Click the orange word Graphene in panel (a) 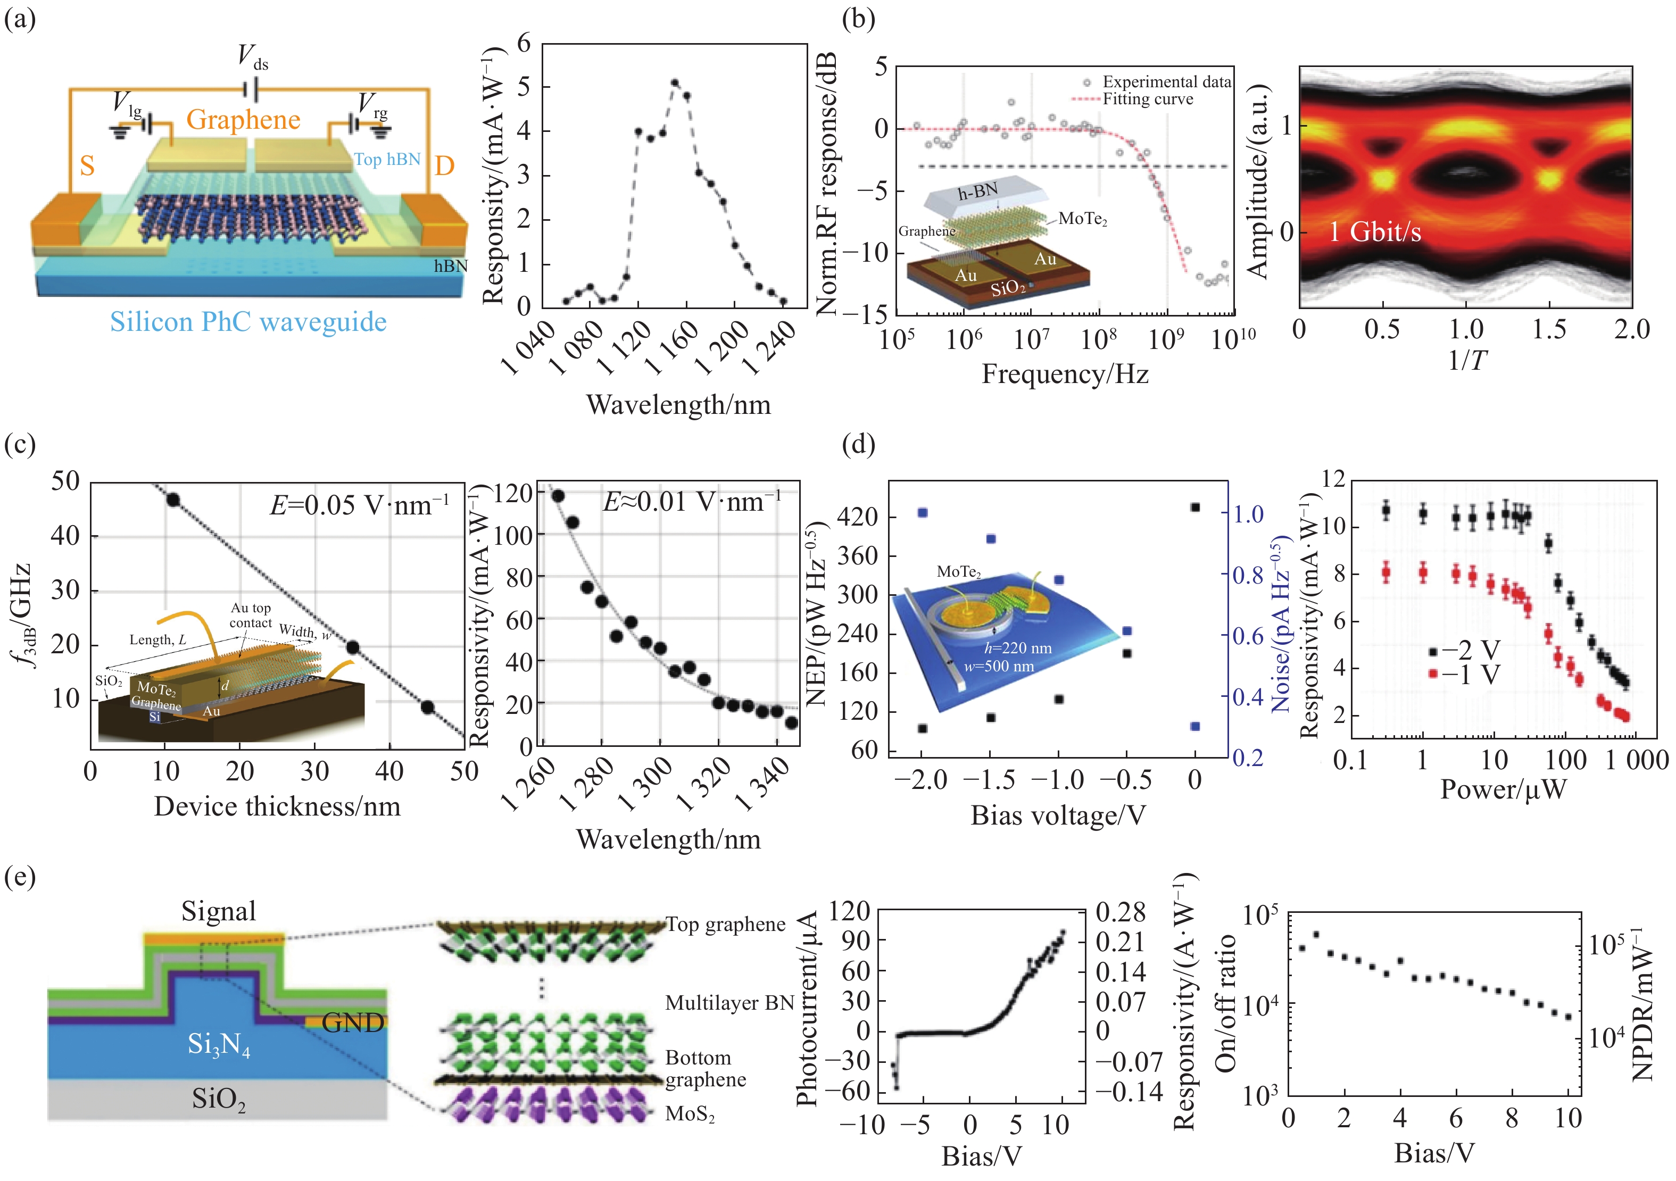point(243,120)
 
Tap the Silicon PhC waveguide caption point(248,322)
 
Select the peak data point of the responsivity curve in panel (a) point(675,83)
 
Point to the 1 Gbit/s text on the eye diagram point(1374,232)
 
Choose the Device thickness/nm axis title point(277,806)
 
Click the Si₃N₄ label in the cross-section point(218,1045)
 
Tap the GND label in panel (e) point(353,1022)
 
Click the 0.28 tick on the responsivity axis point(1121,912)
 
